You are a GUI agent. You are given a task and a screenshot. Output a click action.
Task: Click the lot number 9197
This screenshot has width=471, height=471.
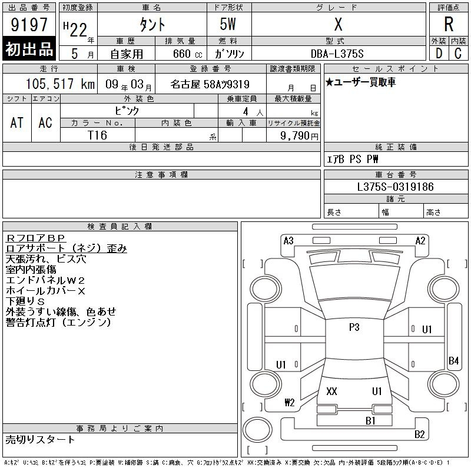tap(29, 25)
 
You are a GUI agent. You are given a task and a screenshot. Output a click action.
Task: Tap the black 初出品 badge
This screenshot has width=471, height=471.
tap(29, 49)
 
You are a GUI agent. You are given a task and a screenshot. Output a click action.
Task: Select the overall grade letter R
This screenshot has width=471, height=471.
tap(449, 24)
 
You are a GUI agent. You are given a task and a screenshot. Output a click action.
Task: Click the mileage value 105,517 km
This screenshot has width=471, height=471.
tap(60, 84)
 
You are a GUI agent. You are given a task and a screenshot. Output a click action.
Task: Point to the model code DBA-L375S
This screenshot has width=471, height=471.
tap(337, 54)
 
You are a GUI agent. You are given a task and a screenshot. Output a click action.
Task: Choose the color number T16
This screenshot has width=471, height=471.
tap(97, 135)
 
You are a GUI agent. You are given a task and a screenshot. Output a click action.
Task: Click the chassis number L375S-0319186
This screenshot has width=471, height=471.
tap(395, 187)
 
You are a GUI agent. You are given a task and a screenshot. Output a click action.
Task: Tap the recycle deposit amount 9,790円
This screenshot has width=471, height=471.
tap(299, 136)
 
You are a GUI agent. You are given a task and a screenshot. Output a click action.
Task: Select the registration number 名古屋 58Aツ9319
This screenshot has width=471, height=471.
tap(210, 84)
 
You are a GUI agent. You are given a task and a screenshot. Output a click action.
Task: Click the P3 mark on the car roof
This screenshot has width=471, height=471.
tap(354, 327)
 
